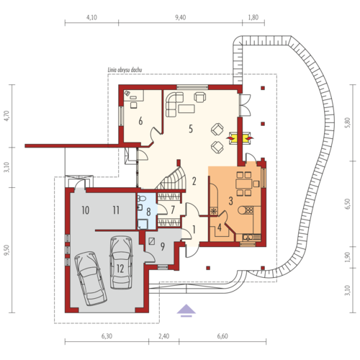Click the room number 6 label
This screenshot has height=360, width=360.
[140, 121]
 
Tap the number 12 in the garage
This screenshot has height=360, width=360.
[120, 269]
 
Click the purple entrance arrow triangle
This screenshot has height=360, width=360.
[186, 309]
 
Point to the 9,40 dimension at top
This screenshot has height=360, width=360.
[180, 17]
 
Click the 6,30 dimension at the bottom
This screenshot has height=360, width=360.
[107, 336]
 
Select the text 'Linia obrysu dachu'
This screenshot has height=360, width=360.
[125, 70]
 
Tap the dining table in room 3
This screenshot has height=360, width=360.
[244, 184]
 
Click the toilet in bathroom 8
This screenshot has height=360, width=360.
[142, 199]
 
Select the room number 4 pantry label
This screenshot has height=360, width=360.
[220, 228]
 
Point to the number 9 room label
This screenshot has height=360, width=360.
[163, 246]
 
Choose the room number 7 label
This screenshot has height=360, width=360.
[173, 210]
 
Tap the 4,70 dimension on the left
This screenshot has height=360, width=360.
[6, 116]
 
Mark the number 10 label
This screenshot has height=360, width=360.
[86, 210]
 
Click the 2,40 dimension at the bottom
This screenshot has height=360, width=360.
[164, 336]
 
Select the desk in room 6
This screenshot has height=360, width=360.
[133, 95]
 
